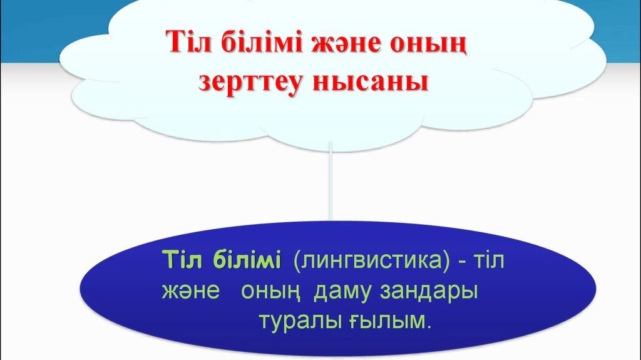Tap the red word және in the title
tap(346, 44)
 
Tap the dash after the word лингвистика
tap(463, 262)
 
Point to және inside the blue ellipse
tap(191, 291)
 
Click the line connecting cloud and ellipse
tap(331, 180)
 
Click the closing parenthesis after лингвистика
tap(446, 260)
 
